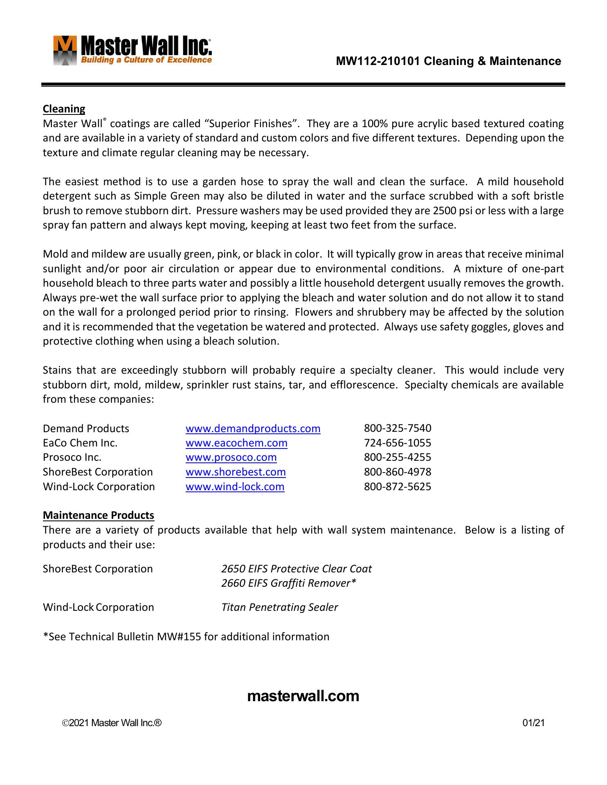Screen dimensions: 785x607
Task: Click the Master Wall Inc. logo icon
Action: coord(65,51)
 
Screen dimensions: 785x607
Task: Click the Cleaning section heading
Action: coord(64,109)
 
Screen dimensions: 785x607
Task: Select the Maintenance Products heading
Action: coord(99,515)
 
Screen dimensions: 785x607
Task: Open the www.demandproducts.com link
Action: coord(253,428)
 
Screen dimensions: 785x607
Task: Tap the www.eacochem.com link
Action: coord(236,443)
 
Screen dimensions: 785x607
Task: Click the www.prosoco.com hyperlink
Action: coord(231,457)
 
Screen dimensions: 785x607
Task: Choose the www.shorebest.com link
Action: coord(236,472)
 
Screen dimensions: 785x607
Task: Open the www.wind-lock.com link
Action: coord(235,487)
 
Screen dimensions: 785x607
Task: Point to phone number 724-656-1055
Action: coord(398,443)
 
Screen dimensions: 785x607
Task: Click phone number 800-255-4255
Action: coord(398,457)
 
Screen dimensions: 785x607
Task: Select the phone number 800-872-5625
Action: coord(398,487)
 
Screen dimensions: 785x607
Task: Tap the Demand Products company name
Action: coord(86,428)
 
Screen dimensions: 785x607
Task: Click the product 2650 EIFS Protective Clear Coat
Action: coord(297,569)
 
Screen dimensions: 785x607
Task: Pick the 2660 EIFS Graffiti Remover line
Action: coord(289,583)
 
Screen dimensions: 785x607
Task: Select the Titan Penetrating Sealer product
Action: coord(280,607)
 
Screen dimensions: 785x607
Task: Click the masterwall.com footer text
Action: coord(303,696)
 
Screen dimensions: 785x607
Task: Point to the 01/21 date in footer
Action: coord(534,723)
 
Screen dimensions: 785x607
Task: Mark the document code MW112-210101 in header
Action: coord(378,61)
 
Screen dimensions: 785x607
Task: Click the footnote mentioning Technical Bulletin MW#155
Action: coord(186,637)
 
